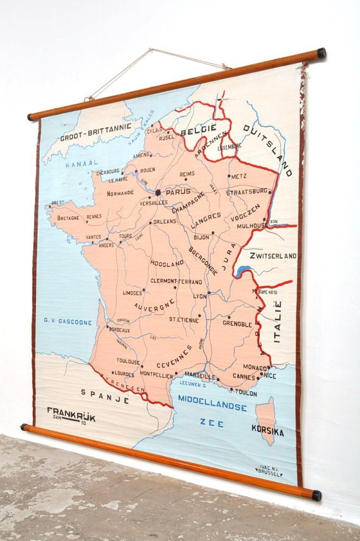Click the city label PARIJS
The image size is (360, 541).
179,191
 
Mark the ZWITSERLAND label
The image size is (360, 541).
273,256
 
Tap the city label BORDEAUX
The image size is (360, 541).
120,330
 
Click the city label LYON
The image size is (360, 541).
200,296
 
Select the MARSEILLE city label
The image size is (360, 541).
199,376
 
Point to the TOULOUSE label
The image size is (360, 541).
128,362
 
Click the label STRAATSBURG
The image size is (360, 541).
248,191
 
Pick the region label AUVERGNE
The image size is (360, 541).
154,307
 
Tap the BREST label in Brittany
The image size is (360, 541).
58,202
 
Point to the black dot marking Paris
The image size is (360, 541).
158,192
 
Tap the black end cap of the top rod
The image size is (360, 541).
321,53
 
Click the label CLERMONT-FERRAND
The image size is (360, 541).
176,281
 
